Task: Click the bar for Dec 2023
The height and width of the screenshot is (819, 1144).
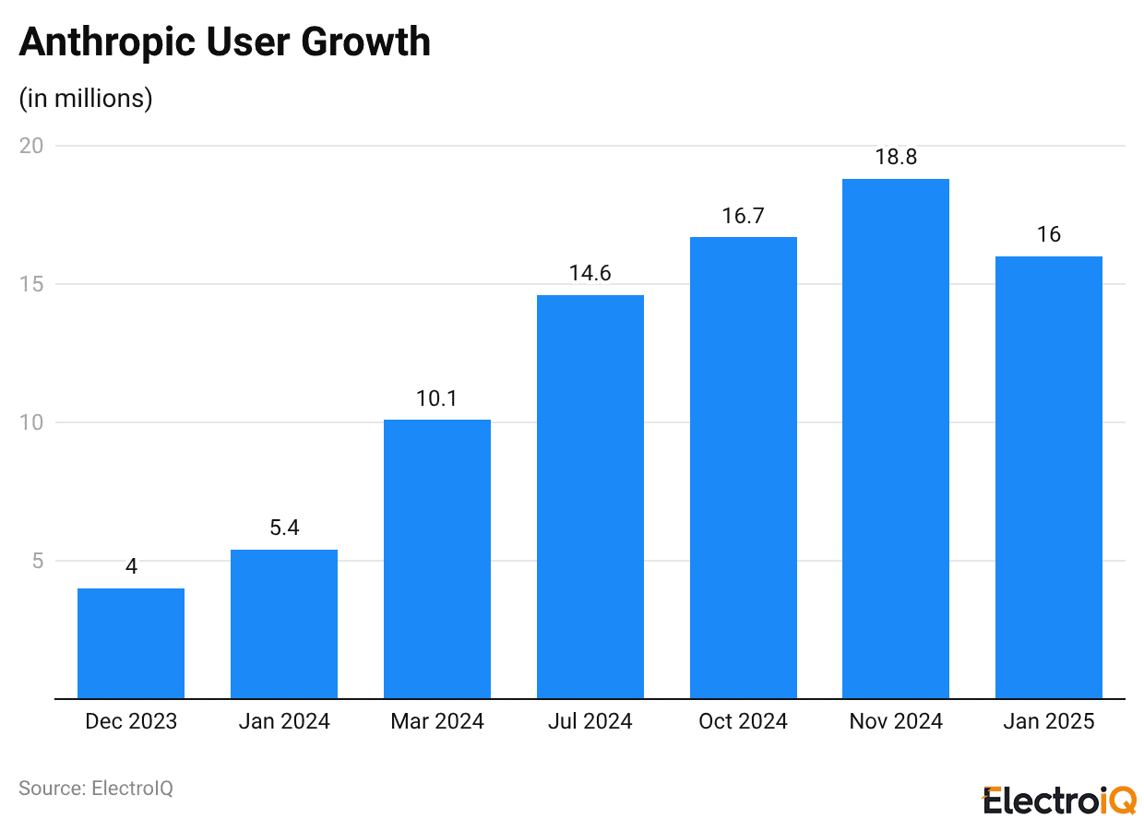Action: pyautogui.click(x=131, y=643)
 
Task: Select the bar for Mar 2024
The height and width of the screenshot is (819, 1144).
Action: pyautogui.click(x=437, y=559)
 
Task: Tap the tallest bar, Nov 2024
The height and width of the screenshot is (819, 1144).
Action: pyautogui.click(x=896, y=438)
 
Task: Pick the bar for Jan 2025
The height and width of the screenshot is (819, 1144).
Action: pyautogui.click(x=1049, y=477)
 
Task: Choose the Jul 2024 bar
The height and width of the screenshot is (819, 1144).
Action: pyautogui.click(x=590, y=496)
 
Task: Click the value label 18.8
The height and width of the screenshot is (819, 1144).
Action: pyautogui.click(x=896, y=158)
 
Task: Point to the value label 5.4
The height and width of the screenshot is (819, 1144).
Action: pyautogui.click(x=284, y=528)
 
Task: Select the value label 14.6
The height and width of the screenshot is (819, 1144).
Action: pyautogui.click(x=590, y=274)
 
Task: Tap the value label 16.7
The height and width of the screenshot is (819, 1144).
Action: pyautogui.click(x=743, y=216)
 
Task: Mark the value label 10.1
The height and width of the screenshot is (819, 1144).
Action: pyautogui.click(x=437, y=398)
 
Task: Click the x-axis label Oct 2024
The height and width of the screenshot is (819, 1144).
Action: pyautogui.click(x=743, y=721)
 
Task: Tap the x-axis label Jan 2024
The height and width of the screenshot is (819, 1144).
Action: pyautogui.click(x=284, y=721)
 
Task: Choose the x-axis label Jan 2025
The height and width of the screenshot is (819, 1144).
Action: pyautogui.click(x=1049, y=721)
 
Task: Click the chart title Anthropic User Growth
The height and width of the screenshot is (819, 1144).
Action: pyautogui.click(x=225, y=42)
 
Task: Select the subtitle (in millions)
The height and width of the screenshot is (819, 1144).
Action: pyautogui.click(x=86, y=99)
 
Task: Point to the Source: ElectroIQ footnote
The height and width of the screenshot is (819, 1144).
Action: pyautogui.click(x=96, y=789)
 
